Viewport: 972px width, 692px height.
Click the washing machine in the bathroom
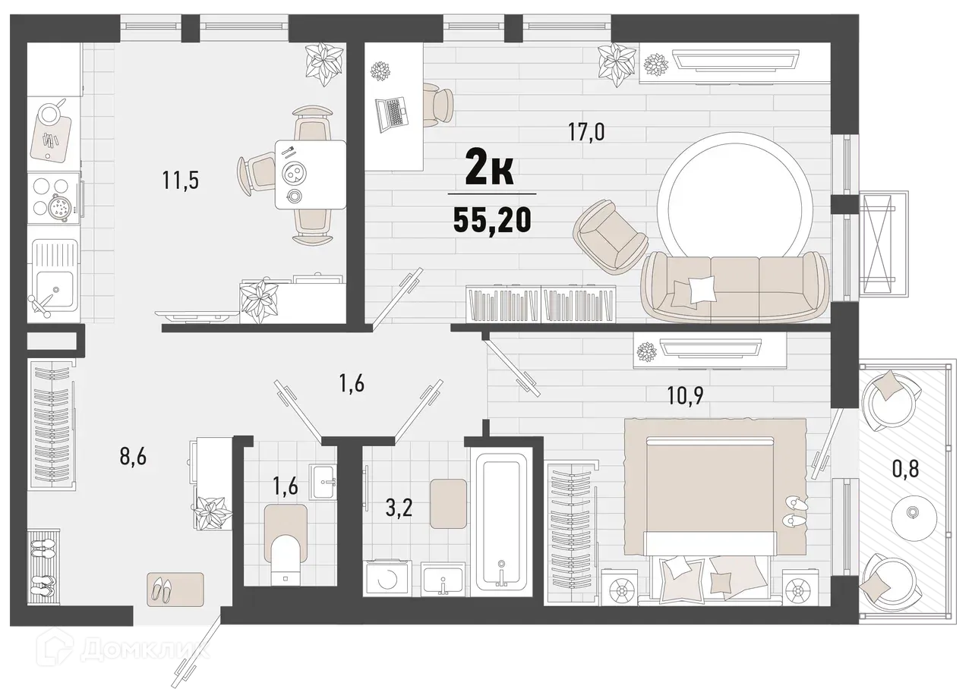[x=389, y=579]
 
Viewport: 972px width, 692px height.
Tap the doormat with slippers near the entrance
[x=175, y=588]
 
